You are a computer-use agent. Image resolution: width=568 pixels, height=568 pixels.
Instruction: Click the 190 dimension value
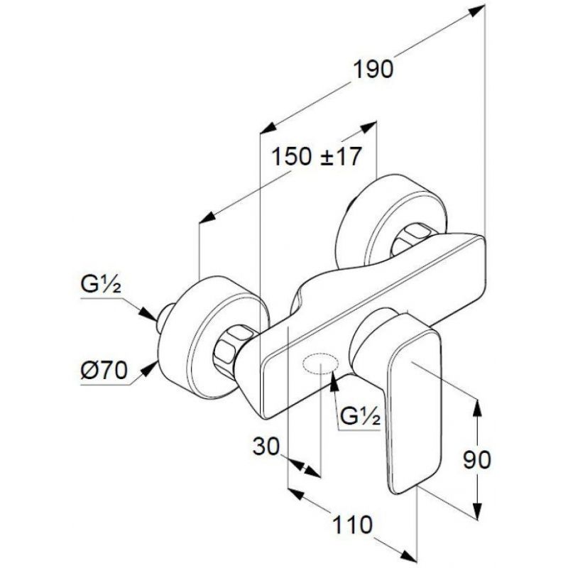[373, 70]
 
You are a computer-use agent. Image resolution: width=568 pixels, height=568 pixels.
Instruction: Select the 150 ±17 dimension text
[316, 157]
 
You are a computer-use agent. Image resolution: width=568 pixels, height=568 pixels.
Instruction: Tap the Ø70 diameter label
[104, 370]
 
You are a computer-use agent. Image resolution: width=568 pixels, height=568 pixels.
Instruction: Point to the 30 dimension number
[266, 447]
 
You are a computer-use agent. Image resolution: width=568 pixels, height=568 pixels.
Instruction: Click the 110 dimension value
[352, 525]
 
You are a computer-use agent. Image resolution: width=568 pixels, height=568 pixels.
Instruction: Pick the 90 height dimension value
[477, 459]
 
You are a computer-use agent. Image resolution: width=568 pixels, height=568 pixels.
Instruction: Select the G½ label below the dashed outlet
[361, 416]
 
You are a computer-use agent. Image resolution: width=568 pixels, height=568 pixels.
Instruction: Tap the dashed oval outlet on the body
[321, 364]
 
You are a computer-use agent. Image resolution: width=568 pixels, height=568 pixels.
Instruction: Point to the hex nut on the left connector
[231, 349]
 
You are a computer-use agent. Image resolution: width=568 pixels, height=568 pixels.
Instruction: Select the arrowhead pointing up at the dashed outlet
[334, 381]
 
